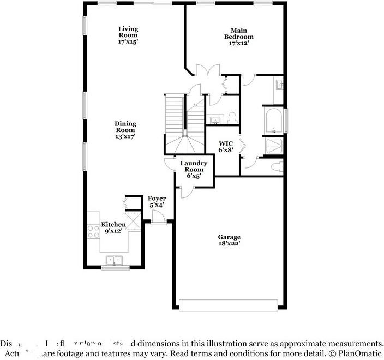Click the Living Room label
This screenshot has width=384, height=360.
129,35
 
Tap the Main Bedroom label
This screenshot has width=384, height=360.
238,37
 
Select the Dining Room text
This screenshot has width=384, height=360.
125,130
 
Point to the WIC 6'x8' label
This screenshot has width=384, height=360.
226,147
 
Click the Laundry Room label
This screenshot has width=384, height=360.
194,169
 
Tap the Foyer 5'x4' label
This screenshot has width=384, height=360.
157,201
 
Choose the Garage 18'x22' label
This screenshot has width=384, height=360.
229,241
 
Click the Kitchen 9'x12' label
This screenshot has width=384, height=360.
114,227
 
